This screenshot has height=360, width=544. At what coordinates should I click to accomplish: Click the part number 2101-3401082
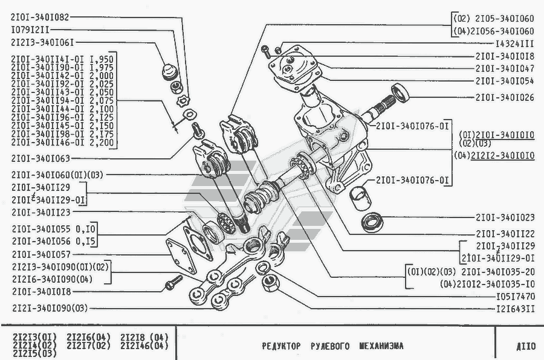point(40,18)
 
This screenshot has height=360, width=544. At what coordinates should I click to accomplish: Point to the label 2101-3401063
point(40,159)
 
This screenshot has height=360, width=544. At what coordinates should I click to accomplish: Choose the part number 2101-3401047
point(505,68)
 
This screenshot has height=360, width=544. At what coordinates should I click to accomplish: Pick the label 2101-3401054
point(505,80)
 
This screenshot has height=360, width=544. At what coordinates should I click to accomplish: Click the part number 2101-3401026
point(505,97)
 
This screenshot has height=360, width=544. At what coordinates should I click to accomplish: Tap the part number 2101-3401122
point(505,234)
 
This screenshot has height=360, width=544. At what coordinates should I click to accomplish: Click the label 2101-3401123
point(40,212)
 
